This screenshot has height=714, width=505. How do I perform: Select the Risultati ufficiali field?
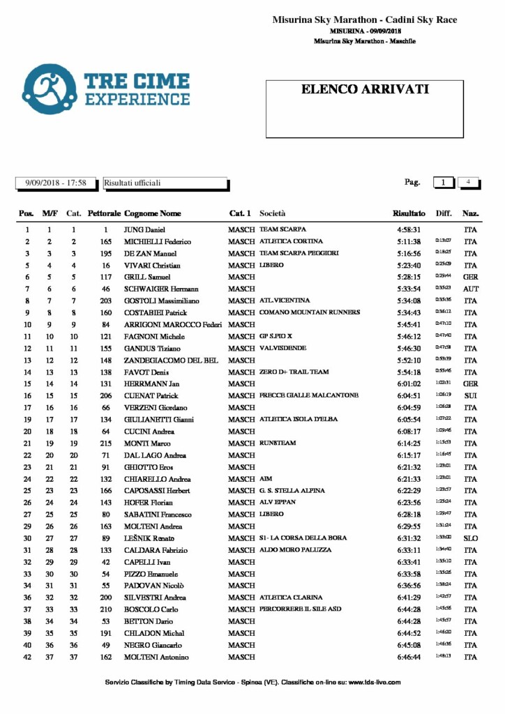coord(165,183)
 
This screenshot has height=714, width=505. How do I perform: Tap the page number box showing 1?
coord(443,182)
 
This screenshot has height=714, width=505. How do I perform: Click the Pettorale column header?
coord(105,213)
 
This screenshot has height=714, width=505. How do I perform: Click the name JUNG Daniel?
coord(144,229)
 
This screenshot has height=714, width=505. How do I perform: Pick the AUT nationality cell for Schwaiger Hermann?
coord(471,289)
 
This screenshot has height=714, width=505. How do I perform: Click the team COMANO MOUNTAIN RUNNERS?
coord(310,312)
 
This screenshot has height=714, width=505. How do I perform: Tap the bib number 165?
coord(106,241)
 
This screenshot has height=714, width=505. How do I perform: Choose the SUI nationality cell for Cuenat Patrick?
coord(471,395)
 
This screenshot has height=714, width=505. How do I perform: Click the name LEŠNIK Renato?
coord(149,538)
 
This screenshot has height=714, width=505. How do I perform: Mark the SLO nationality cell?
coord(471,538)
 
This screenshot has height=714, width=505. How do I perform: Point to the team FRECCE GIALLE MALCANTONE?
coord(309,395)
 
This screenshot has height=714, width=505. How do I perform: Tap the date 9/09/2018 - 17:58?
coord(56,183)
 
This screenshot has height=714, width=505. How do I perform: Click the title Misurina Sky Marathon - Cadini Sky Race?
coord(365,20)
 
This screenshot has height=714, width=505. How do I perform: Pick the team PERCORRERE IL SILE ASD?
coord(301,609)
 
